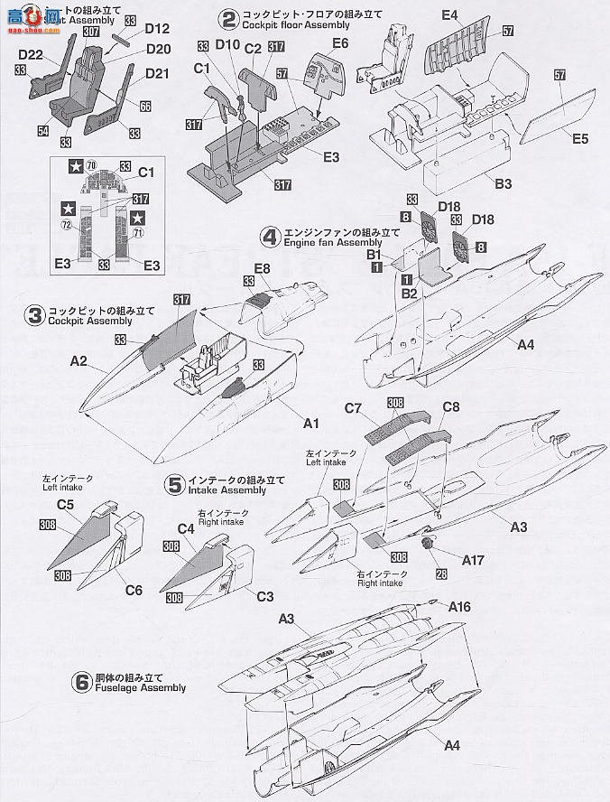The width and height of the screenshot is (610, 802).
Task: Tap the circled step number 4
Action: coord(268,238)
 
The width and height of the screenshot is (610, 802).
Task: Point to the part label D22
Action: coord(31,55)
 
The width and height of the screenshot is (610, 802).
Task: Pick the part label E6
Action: coord(340,42)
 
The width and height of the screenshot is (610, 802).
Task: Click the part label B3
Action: coord(503,183)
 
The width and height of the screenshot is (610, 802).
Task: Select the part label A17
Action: coord(473,560)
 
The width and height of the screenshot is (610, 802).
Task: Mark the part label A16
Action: coord(459,607)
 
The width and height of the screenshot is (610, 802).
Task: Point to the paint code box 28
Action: coord(441,574)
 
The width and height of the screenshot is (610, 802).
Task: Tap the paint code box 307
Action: coord(90,30)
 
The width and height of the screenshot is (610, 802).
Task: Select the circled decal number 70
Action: coord(93,166)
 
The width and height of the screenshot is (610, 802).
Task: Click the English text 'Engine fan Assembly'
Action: coord(320,243)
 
